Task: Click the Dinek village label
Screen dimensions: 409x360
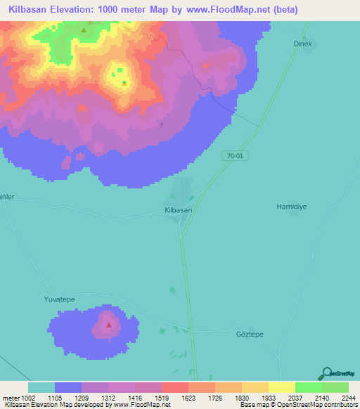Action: tap(302, 44)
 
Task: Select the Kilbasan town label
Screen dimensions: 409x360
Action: tap(178, 210)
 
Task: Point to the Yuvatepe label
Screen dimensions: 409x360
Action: tap(60, 299)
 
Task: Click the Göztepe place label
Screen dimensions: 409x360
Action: tap(250, 334)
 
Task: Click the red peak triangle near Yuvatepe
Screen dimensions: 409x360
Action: tap(108, 325)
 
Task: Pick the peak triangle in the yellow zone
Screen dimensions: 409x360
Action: tap(124, 83)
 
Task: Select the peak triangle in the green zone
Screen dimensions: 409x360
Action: tap(84, 30)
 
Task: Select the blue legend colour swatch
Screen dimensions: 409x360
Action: tap(68, 387)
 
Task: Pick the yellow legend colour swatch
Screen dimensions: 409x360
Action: tap(282, 387)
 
